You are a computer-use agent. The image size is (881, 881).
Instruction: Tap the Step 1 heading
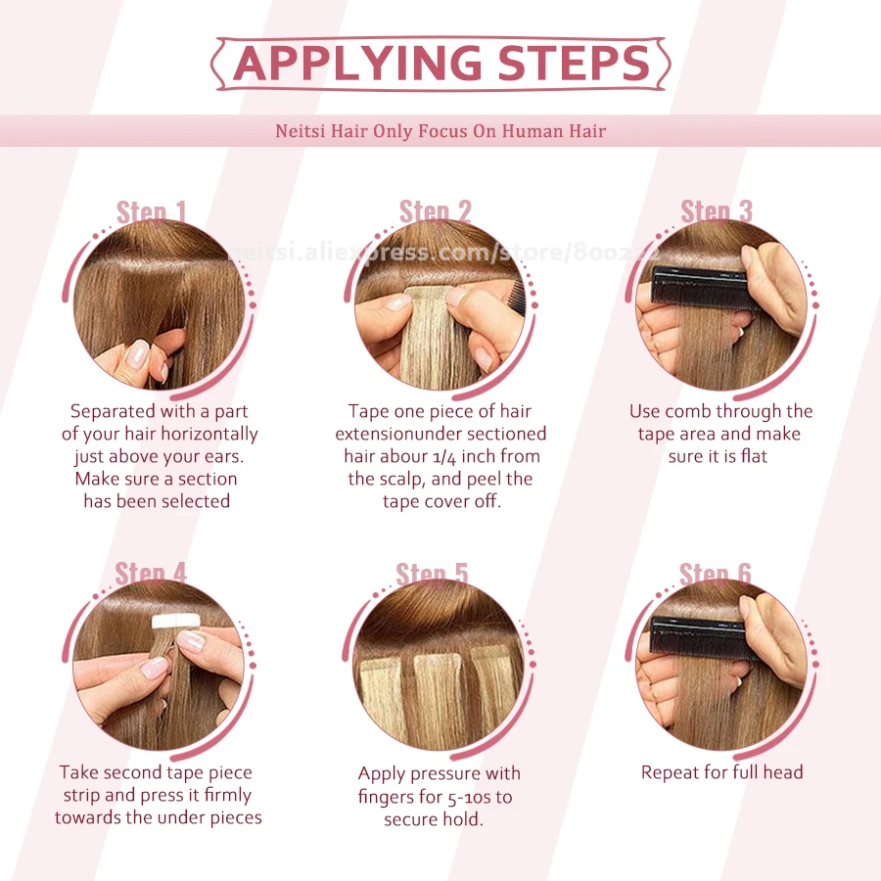pos(151,212)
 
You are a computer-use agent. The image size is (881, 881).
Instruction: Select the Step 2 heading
pos(435,211)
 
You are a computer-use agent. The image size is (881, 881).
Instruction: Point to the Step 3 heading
pos(717,211)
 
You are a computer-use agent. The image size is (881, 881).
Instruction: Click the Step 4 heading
pos(151,574)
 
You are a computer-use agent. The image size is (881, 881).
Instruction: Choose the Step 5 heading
pos(432,574)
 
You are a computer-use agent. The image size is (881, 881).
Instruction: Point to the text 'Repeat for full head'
pos(721,772)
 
